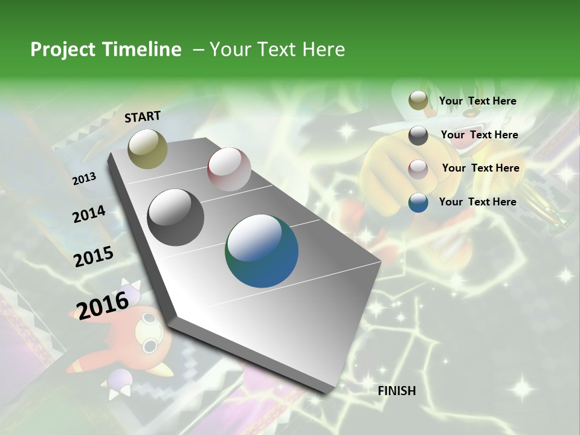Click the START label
[143, 116]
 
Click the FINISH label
[397, 391]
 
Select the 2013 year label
[84, 179]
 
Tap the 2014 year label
[89, 214]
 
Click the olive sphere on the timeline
[147, 149]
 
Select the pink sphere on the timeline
[229, 169]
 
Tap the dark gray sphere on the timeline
[176, 217]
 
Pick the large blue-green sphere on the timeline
[262, 251]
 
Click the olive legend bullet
[418, 101]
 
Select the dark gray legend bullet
[418, 135]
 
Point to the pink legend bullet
[418, 169]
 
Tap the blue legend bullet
[418, 202]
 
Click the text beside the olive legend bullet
[477, 101]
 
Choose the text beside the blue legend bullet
[477, 202]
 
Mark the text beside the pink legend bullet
[480, 168]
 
